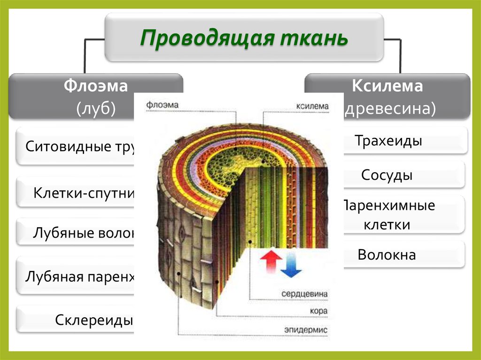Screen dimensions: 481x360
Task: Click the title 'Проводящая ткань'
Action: (x=244, y=38)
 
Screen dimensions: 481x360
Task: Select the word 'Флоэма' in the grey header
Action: (x=96, y=86)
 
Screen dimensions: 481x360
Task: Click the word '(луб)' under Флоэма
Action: (x=96, y=108)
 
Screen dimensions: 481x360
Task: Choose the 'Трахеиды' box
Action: (x=388, y=141)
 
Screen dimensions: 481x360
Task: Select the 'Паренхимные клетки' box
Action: (x=388, y=215)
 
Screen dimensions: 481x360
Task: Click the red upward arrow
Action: (x=271, y=262)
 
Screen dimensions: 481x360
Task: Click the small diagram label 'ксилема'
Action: (x=313, y=106)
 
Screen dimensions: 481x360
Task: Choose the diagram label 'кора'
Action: (x=319, y=311)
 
